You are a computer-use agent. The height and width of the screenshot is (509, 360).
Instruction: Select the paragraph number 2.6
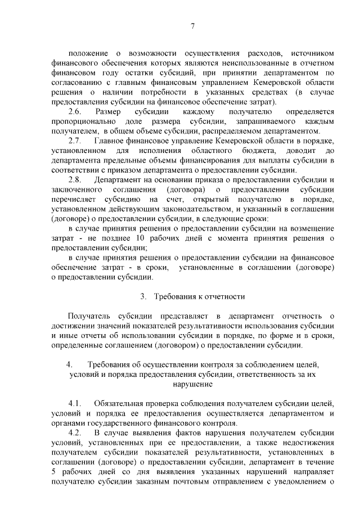75,112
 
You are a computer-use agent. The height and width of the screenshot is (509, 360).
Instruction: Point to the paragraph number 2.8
75,179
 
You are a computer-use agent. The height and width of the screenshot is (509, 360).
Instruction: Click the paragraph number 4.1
75,404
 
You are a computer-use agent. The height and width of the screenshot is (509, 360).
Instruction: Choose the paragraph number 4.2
75,433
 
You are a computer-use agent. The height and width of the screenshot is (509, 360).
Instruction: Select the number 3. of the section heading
143,296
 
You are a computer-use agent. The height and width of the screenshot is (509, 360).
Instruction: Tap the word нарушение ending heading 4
192,385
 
